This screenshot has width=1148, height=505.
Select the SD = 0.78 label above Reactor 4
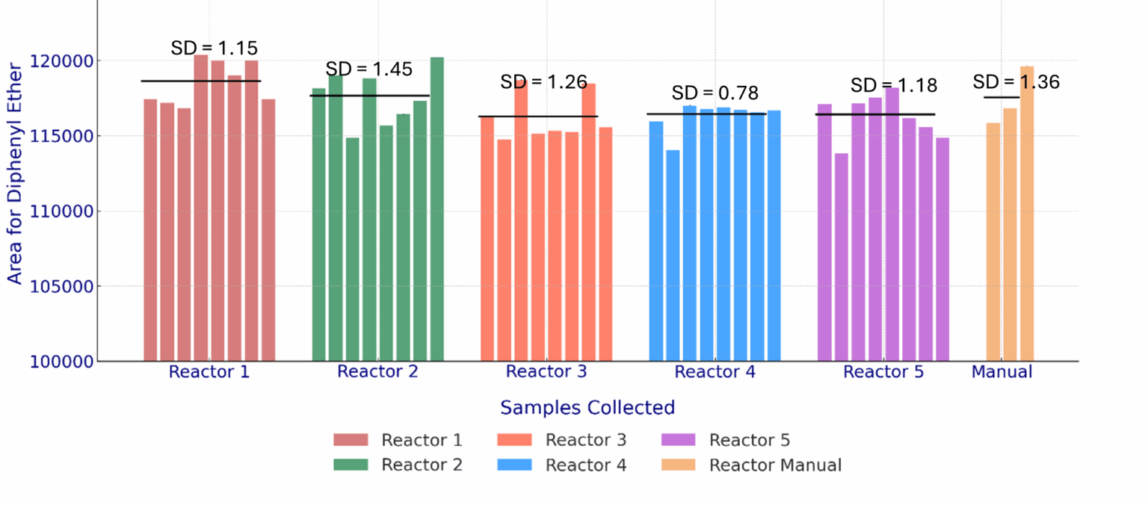coord(715,93)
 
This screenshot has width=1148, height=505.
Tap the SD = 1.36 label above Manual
coord(1016,82)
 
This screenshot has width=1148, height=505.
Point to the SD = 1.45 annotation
coord(368,69)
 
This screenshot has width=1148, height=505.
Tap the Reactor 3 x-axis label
coord(546,372)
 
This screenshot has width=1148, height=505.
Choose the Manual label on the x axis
coord(1002,372)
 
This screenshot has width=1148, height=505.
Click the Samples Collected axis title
coord(587,408)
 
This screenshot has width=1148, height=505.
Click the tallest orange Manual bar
coord(1027,217)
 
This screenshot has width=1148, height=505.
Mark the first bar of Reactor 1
coord(150,232)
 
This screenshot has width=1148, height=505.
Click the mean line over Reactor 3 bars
coord(538,117)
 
